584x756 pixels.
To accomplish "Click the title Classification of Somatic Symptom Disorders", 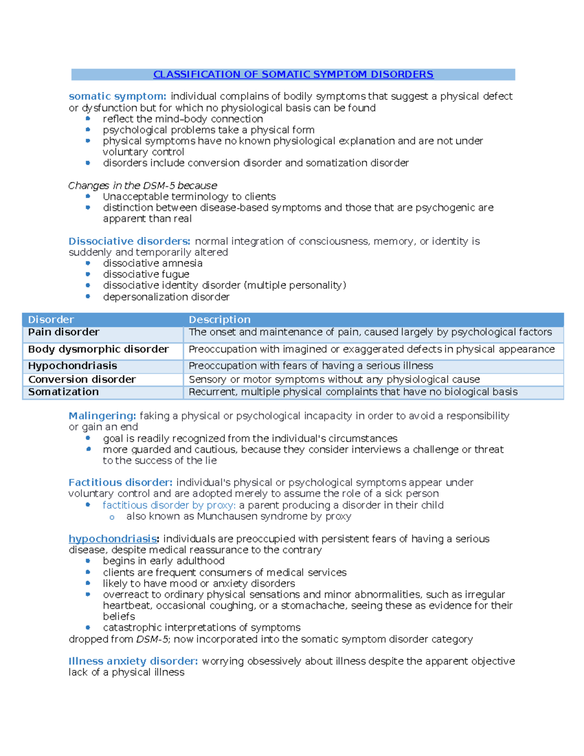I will [293, 74].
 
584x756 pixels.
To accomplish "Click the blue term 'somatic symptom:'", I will [117, 96].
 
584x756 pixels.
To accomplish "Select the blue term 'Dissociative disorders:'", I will [129, 241].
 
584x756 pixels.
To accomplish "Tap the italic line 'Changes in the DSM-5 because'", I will [143, 185].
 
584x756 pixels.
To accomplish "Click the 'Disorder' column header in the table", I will [51, 320].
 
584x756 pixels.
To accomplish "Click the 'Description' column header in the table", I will [219, 320].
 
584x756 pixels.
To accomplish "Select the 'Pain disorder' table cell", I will [64, 332].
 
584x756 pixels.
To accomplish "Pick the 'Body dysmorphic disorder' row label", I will [98, 350].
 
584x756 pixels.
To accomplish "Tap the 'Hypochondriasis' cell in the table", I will [73, 366].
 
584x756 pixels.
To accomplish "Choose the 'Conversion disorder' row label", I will [82, 380].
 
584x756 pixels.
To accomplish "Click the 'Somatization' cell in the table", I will [63, 392].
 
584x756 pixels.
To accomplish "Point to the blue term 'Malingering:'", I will [102, 416].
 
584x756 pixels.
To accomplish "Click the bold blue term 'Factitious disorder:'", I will [120, 483].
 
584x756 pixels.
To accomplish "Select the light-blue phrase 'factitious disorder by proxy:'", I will [169, 505].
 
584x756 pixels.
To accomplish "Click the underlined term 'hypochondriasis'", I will [112, 539].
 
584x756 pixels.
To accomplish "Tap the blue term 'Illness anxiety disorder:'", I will [133, 662].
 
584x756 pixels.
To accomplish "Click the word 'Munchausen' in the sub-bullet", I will [227, 516].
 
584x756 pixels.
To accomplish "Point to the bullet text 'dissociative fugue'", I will [146, 275].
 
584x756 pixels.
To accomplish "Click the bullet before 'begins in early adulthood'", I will [88, 561].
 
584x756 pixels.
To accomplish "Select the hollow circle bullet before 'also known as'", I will [112, 517].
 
